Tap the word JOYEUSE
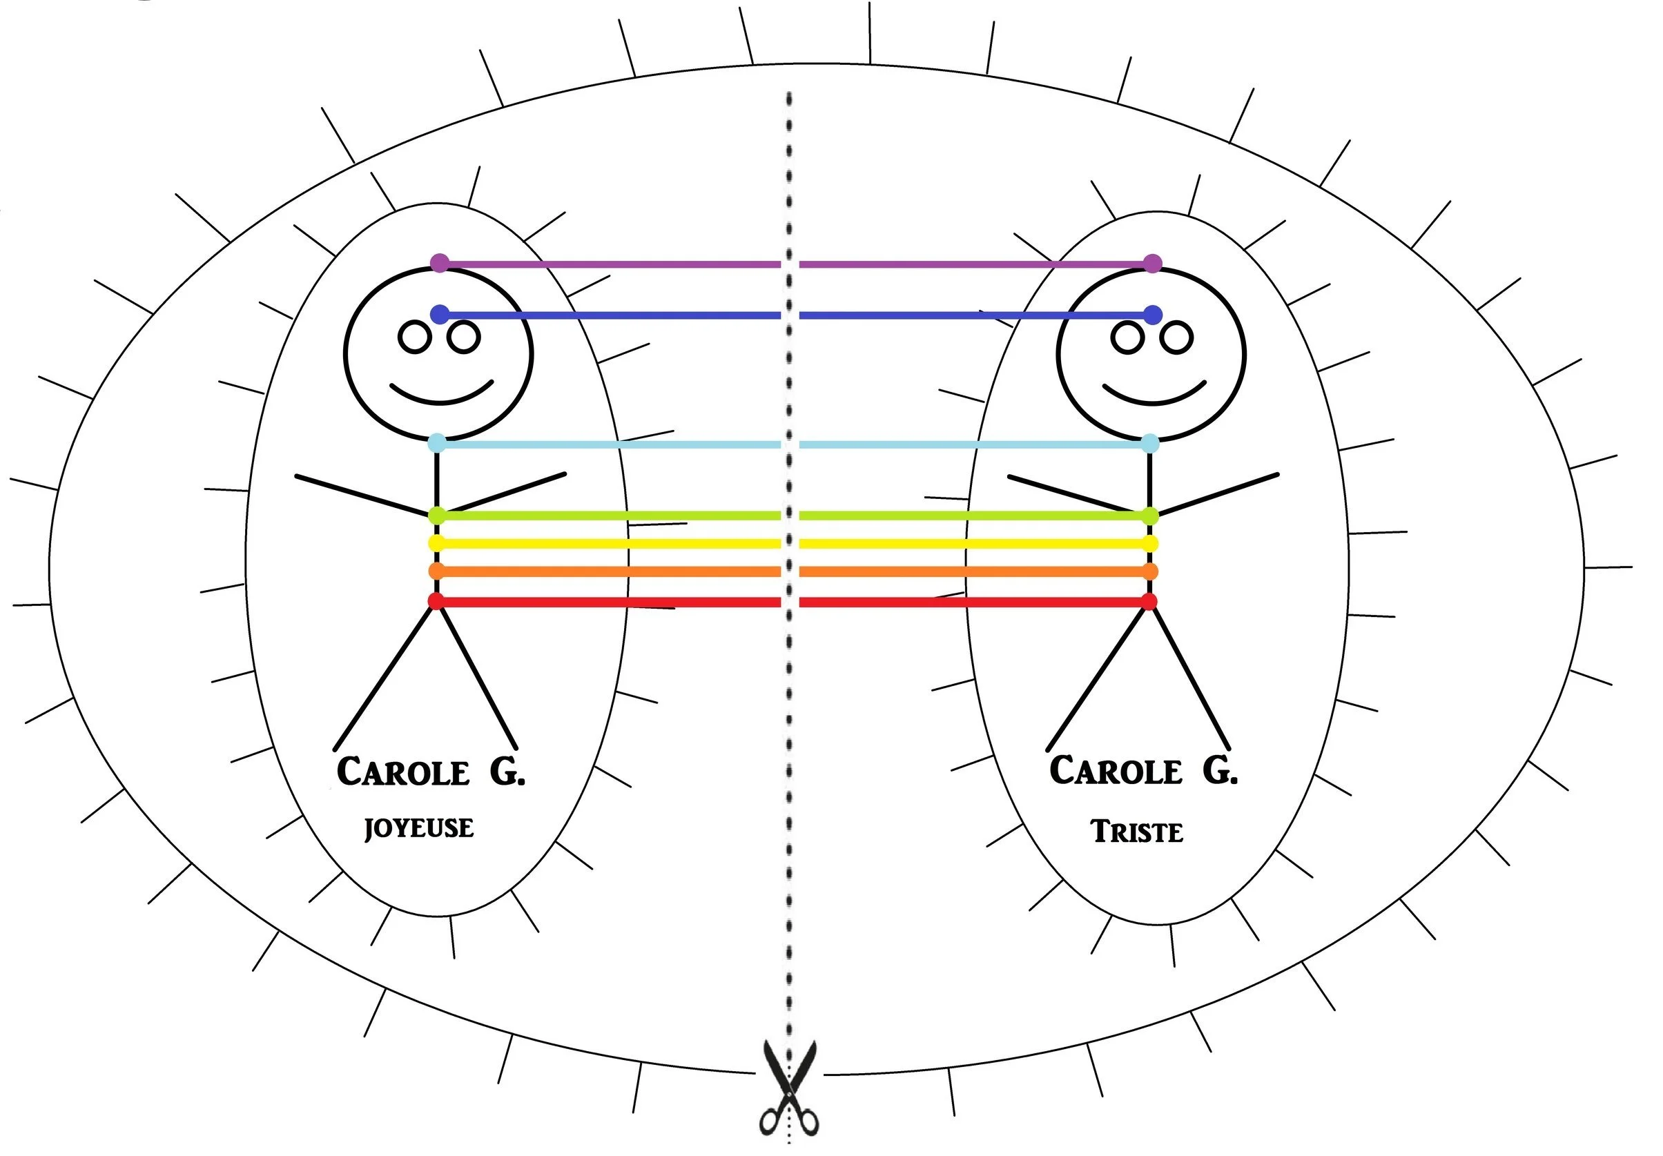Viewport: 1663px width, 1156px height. [418, 828]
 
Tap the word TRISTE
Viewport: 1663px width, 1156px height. [1136, 832]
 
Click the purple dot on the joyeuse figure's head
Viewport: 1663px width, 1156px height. [440, 263]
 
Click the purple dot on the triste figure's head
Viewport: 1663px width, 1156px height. [1152, 264]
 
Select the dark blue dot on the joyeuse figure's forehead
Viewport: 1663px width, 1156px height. [440, 314]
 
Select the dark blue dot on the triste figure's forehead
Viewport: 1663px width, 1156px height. [1153, 315]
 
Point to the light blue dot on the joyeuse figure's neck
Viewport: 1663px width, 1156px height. [437, 442]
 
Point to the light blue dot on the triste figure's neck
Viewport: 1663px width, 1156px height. [1149, 443]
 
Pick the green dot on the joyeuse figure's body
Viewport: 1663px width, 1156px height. [437, 516]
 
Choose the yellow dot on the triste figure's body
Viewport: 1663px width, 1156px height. [1150, 543]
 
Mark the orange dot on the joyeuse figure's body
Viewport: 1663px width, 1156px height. [436, 571]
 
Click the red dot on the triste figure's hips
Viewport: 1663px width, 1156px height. [1149, 601]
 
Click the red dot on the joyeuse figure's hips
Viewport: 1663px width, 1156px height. [436, 601]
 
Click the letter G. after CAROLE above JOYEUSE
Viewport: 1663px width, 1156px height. [507, 772]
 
